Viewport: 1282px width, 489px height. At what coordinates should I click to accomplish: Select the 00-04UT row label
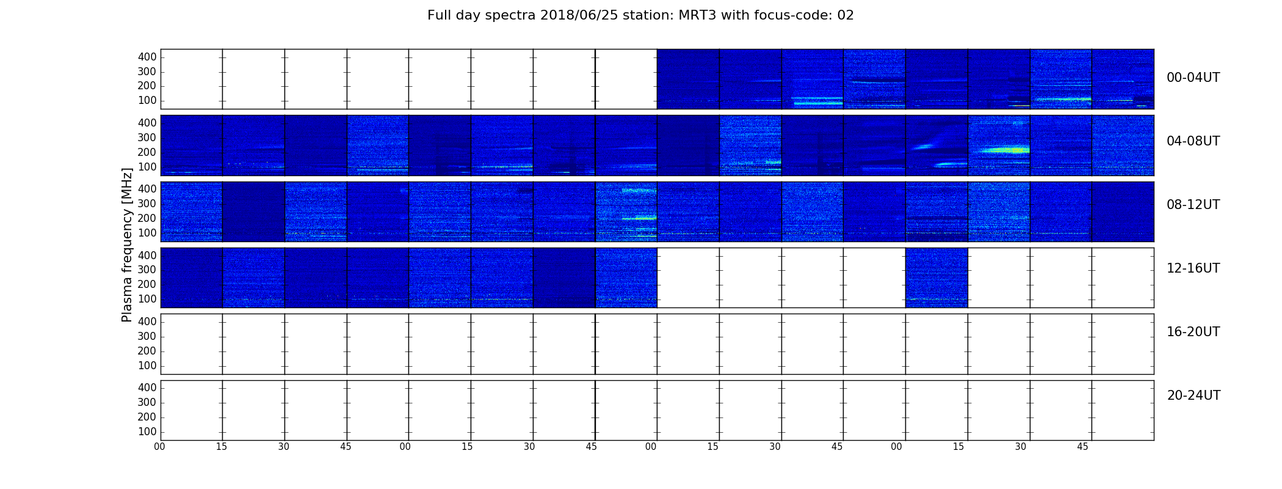point(1193,78)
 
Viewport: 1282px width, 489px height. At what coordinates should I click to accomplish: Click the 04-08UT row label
point(1193,141)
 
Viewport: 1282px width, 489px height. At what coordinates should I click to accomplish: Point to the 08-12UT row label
point(1193,205)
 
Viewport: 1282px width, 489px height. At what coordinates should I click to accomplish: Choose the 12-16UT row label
point(1193,268)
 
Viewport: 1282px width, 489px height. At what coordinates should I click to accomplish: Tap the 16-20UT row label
point(1193,332)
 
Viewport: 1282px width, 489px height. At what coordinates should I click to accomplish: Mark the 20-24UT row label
point(1193,395)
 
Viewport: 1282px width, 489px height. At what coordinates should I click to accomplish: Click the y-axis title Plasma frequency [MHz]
point(127,244)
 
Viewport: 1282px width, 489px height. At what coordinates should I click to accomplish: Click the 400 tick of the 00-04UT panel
point(147,57)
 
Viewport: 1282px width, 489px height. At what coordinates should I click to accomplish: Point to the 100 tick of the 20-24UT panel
point(147,432)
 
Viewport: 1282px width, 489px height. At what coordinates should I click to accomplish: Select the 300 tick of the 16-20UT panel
point(147,336)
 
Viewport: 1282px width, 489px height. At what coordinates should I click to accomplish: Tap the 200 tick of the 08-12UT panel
point(147,218)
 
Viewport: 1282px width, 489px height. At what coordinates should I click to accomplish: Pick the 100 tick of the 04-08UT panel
point(147,167)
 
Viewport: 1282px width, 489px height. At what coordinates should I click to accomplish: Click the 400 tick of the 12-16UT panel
point(147,256)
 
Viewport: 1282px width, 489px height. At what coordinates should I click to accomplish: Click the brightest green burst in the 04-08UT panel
point(1004,149)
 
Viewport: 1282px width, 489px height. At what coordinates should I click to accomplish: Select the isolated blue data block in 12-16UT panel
point(936,278)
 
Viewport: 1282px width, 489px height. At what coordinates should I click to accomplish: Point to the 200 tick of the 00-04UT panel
point(147,86)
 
